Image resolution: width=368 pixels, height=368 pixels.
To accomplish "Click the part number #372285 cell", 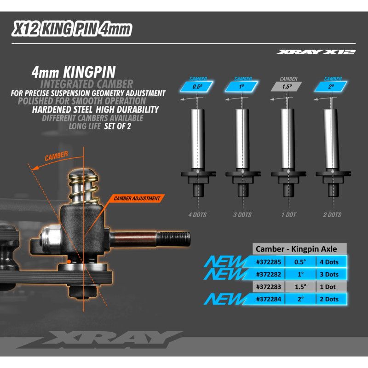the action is pos(268,262).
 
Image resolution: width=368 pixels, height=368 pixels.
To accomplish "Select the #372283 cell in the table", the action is pos(268,287).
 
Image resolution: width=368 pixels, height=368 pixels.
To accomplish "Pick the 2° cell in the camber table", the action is pos(300,299).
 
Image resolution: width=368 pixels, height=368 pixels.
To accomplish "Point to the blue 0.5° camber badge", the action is pos(197,86).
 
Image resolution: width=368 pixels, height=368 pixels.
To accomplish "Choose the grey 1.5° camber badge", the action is pos(287,86).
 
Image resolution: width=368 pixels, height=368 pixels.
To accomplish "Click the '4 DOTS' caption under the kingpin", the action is pos(197,215).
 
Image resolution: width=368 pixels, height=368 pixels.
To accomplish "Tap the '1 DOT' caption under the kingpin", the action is pos(289,215).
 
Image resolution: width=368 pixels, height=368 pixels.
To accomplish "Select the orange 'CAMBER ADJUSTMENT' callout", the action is pos(137,199).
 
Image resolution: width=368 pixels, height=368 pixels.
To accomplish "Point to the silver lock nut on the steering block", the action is pos(51,236).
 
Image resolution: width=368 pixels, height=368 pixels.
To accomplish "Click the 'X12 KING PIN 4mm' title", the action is pos(72,29).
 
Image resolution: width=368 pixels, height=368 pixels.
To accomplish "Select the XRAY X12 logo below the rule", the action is pos(316,52).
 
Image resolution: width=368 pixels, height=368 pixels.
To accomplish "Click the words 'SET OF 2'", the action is pos(118,126).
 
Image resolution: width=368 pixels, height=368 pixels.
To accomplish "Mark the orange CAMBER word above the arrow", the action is pos(56,156).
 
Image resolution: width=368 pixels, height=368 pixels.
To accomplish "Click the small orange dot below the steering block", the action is pos(69,262).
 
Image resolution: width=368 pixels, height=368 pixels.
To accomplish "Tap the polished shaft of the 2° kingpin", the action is pos(331,139).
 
